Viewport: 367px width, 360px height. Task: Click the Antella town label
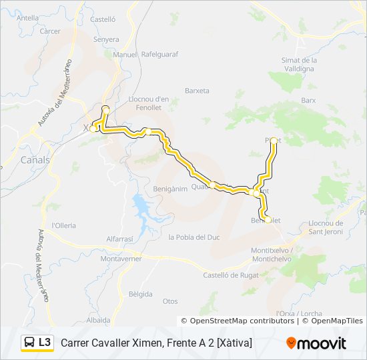(x=27, y=18)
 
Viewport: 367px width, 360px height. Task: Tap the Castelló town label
(x=103, y=20)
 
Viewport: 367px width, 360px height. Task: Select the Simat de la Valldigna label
(x=299, y=63)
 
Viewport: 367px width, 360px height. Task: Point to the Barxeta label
(x=197, y=91)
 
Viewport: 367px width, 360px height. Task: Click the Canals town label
(x=35, y=160)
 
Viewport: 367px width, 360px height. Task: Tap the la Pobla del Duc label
(x=194, y=237)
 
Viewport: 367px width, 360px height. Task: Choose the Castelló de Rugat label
(x=230, y=275)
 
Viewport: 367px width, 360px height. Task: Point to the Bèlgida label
(x=140, y=294)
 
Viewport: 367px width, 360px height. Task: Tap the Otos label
(x=170, y=301)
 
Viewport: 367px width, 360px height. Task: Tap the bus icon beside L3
(x=29, y=343)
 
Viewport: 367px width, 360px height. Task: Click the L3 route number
(x=45, y=343)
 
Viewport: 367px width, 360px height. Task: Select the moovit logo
(x=316, y=343)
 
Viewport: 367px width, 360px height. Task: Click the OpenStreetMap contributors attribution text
(x=242, y=321)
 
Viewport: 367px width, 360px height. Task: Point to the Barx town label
(x=308, y=100)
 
